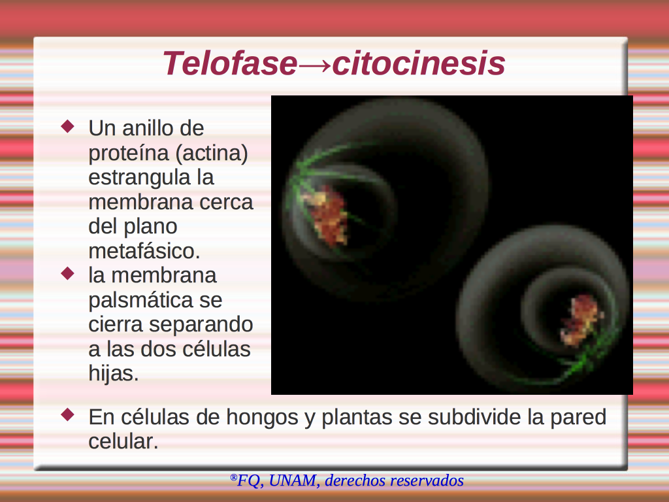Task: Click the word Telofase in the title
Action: click(x=229, y=63)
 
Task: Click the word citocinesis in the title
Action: click(x=419, y=63)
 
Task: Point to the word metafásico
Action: click(x=144, y=251)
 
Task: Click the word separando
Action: click(x=201, y=325)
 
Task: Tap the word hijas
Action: click(x=114, y=373)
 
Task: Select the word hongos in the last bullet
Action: click(x=262, y=418)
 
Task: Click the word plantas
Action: click(x=357, y=418)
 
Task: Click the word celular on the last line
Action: click(x=123, y=441)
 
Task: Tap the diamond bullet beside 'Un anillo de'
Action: click(x=68, y=126)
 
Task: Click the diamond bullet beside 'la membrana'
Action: click(x=68, y=273)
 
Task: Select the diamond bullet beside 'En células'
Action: click(x=68, y=414)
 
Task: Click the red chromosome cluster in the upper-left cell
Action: click(x=326, y=216)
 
